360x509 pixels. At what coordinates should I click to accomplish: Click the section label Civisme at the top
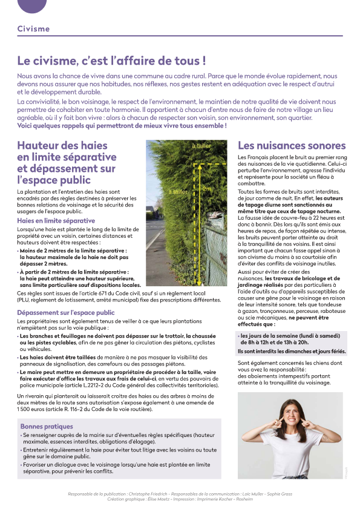(33, 28)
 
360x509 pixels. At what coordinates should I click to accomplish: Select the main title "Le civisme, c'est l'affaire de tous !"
(111, 61)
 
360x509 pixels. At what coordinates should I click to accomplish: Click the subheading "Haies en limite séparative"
(56, 221)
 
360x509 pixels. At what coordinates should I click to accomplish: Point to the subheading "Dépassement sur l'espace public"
(66, 312)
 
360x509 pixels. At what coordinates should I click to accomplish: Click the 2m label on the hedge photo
(207, 189)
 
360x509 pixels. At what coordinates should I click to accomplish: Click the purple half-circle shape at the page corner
(32, 5)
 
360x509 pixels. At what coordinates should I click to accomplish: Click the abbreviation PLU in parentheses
(24, 299)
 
